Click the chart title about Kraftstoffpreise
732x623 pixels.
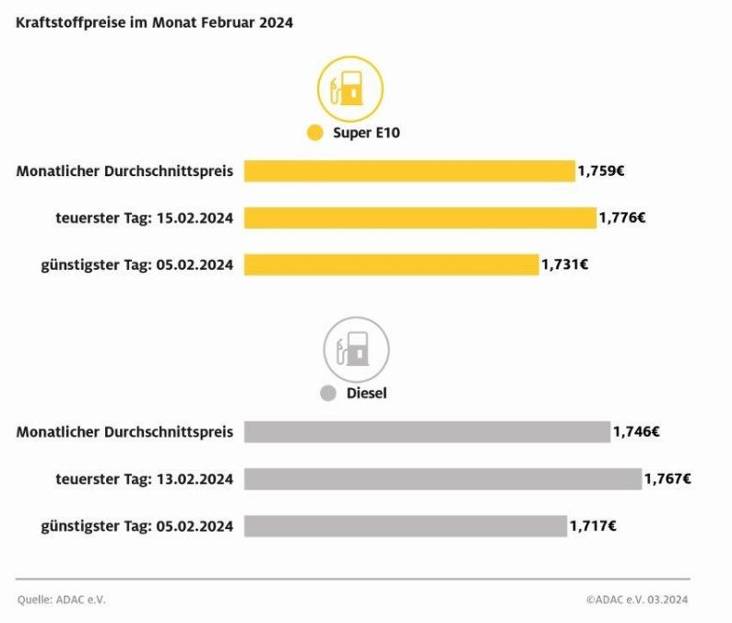[155, 23]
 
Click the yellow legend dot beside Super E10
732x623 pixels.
[315, 133]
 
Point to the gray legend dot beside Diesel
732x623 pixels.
[327, 394]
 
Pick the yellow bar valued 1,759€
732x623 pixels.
[409, 171]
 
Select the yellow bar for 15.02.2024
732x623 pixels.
[420, 218]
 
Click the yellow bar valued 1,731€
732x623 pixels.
[391, 264]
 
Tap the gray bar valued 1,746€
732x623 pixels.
[427, 431]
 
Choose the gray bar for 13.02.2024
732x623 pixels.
[443, 479]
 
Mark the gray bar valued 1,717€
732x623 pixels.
[406, 526]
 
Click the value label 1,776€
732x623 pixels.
[622, 218]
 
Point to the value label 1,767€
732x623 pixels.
[668, 479]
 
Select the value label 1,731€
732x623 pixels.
[564, 264]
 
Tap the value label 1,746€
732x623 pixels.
[636, 431]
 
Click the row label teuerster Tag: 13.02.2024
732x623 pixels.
[144, 479]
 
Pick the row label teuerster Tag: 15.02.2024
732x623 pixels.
[144, 218]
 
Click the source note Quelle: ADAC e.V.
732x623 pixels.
[61, 600]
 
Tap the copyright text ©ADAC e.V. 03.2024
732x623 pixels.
[636, 600]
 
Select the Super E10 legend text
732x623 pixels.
[366, 133]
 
